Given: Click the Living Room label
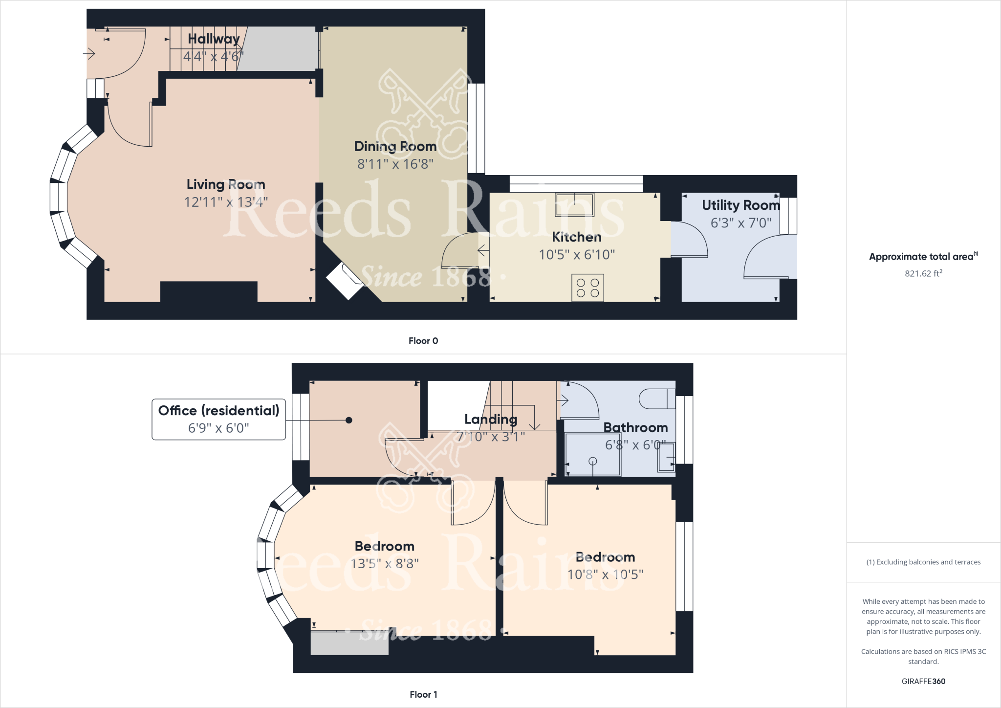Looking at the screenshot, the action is point(226,184).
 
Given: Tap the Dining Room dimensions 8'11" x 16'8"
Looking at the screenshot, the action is point(395,164).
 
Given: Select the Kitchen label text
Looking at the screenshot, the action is point(577,237).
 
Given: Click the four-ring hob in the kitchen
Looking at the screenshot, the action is point(588,288).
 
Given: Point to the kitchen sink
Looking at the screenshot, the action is point(575,204).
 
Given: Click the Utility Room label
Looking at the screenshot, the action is point(741,205).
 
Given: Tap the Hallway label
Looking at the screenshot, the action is point(214,39).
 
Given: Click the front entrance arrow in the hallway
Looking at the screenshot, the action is point(89,53).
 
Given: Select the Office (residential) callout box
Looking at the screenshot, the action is point(218,420).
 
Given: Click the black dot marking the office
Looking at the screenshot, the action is point(349,420).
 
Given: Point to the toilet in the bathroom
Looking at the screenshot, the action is point(657,398).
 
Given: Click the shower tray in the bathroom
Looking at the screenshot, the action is point(592,454).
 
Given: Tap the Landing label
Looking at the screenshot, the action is point(491,419).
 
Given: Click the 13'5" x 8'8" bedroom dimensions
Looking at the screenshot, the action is point(385,564).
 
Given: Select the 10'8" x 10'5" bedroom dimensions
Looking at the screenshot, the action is point(605,575).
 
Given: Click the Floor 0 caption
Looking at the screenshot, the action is point(423,341).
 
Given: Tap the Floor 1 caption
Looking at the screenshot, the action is point(423,694).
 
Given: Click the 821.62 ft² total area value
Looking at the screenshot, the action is point(923,273).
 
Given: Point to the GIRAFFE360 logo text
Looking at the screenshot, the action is point(923,681).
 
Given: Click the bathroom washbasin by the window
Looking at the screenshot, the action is point(666,457).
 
